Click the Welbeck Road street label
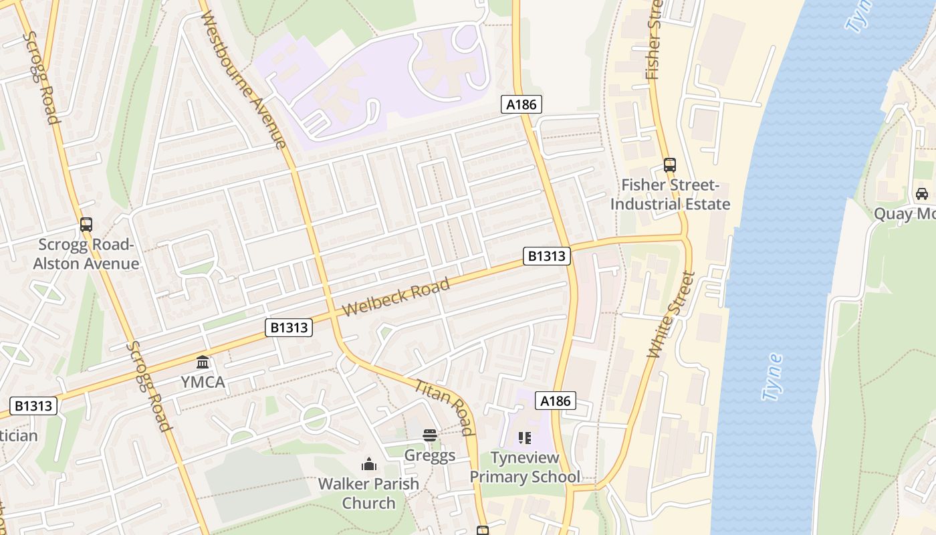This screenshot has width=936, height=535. (396, 298)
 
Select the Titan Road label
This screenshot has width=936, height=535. (445, 407)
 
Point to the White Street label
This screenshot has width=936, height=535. (671, 314)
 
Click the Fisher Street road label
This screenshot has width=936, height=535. (654, 40)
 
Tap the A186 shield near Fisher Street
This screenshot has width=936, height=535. (521, 104)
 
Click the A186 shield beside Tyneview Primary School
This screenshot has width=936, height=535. (556, 401)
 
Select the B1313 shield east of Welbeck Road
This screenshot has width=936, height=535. (547, 255)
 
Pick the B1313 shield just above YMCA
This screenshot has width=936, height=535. (289, 327)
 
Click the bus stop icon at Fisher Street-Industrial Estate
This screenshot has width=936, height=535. (669, 165)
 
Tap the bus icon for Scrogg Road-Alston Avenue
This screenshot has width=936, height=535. (86, 225)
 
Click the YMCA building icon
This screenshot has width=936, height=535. (203, 362)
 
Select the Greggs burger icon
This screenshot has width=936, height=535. (429, 435)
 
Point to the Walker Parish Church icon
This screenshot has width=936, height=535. (368, 463)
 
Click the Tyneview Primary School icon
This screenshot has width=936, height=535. (524, 438)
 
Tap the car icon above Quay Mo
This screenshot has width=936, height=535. (921, 194)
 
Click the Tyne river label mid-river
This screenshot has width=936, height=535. (772, 377)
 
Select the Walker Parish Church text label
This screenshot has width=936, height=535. (368, 493)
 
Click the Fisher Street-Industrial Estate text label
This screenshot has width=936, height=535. (670, 195)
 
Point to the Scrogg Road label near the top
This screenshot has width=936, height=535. (41, 77)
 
